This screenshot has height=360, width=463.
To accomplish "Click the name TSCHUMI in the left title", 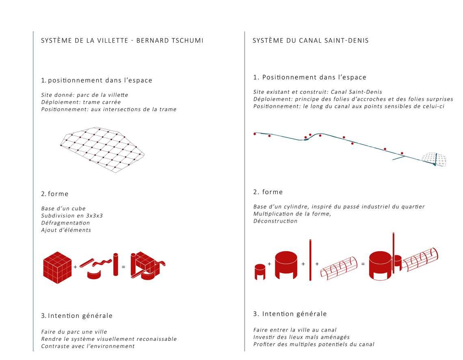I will tap(187, 41).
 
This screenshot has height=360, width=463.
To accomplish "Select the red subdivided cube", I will tap(57, 267).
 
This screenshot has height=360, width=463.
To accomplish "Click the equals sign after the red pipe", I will tap(123, 267).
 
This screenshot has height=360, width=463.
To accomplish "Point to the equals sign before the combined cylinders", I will tap(363, 264).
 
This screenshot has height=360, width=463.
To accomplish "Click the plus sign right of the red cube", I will tap(75, 267).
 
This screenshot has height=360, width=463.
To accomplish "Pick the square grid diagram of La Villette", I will tap(102, 150).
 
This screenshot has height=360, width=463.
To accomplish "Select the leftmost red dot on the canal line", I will tap(255, 134).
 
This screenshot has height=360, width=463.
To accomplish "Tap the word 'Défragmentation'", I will tap(65, 223).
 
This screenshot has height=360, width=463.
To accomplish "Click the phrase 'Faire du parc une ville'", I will tap(74, 332).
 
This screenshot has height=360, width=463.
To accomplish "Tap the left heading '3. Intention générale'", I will tap(77, 316).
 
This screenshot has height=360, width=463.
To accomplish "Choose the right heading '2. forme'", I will tap(268, 192).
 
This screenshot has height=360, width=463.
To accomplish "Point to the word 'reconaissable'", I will tap(156, 339).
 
